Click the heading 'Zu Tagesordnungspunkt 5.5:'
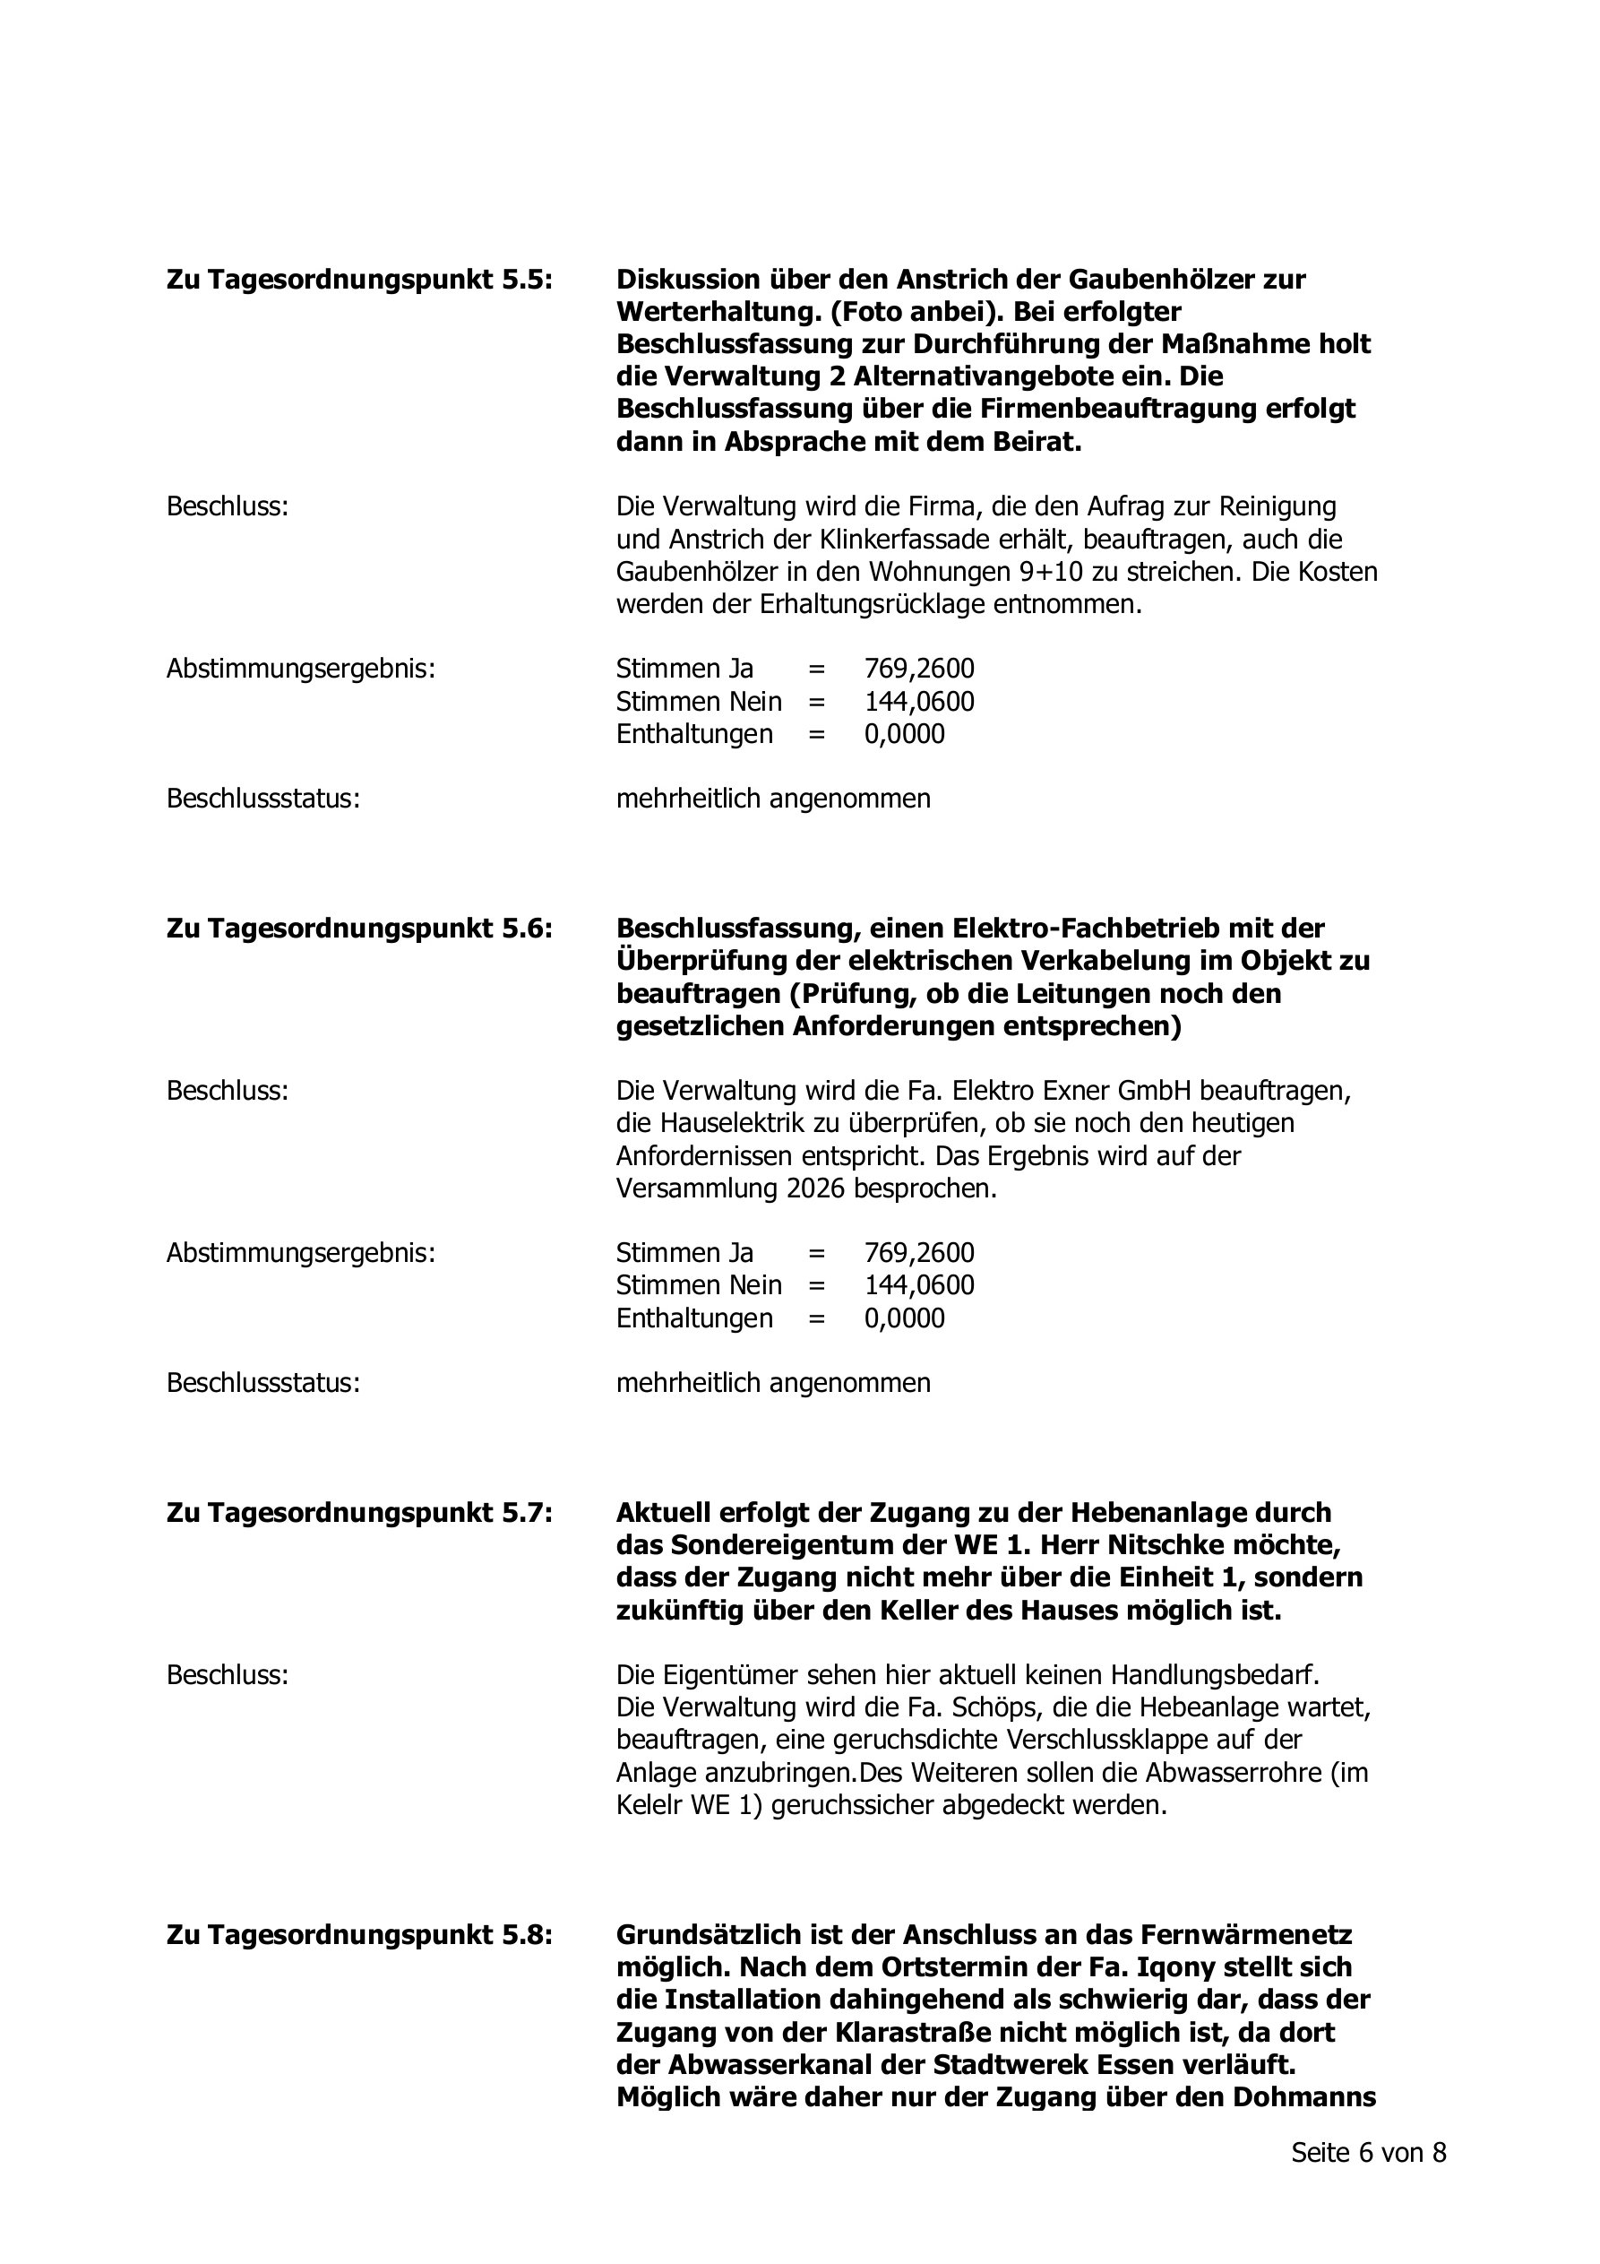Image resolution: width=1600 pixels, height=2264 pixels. pyautogui.click(x=359, y=280)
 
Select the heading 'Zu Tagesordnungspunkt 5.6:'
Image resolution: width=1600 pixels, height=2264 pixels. pyautogui.click(x=359, y=929)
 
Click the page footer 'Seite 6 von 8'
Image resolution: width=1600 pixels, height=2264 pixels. pyautogui.click(x=1368, y=2153)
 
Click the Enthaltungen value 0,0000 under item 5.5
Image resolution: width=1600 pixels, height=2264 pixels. pyautogui.click(x=904, y=735)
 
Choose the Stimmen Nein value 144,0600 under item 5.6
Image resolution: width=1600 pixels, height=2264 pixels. pyautogui.click(x=919, y=1286)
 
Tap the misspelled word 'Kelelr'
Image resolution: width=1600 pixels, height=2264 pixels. pyautogui.click(x=650, y=1805)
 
